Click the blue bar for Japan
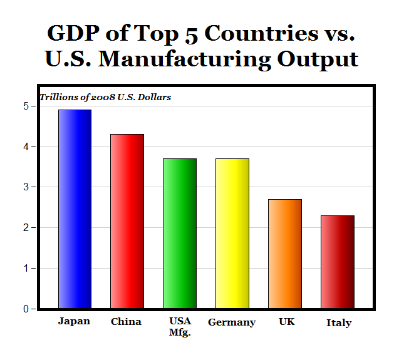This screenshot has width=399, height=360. coord(75,209)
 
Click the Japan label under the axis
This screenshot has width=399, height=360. coord(74,321)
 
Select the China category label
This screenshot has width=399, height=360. coord(126,322)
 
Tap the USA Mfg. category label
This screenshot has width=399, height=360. coord(180,327)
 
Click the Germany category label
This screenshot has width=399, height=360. coord(232,322)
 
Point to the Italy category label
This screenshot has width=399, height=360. coord(339,323)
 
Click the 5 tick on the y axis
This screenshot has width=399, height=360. coord(26,106)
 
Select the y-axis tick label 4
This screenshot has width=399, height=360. coord(26,147)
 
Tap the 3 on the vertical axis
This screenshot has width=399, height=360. coord(26,187)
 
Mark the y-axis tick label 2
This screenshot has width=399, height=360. coord(26,228)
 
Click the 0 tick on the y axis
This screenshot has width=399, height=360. coord(26,309)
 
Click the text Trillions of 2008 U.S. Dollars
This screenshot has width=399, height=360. coord(105,98)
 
